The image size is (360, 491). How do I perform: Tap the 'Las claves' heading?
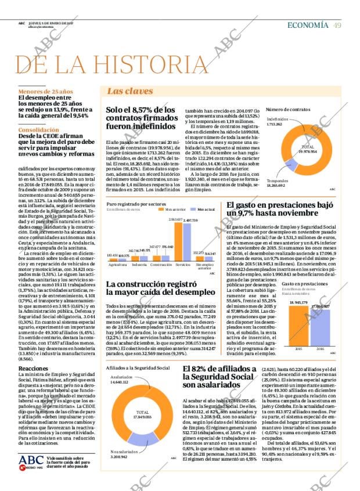pos(130,91)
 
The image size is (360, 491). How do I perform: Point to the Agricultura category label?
pos(118,265)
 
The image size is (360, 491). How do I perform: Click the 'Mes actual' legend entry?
pos(203,209)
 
